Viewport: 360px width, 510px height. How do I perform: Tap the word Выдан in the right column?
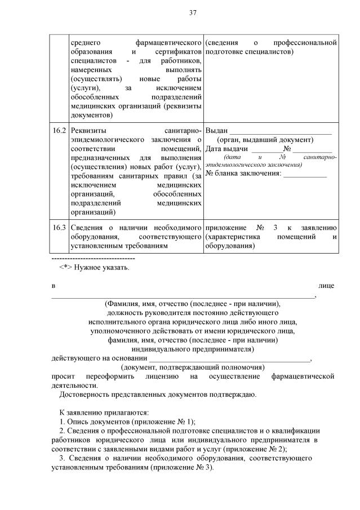[x=217, y=131]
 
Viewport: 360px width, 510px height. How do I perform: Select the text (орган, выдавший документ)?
[x=264, y=140]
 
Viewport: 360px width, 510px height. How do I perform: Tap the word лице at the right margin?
[x=326, y=286]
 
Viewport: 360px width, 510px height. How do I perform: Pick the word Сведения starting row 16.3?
[x=87, y=228]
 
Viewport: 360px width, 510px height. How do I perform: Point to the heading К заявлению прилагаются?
[x=96, y=413]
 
